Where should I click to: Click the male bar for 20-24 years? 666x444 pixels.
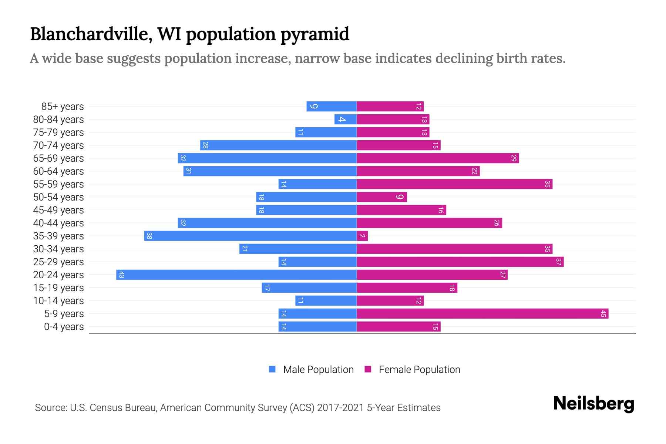(x=237, y=275)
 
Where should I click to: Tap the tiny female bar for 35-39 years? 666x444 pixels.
(x=362, y=236)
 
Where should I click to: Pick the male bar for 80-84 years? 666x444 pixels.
(x=346, y=120)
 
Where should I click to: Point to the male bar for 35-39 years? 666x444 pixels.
(x=250, y=236)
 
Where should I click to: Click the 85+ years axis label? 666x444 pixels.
(x=63, y=107)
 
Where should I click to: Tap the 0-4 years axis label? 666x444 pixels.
(x=64, y=327)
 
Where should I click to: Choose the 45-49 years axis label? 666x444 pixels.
(x=58, y=210)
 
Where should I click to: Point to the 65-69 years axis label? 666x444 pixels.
(x=58, y=158)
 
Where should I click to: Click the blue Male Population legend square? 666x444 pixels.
(x=272, y=369)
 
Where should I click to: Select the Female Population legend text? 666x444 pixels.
(x=419, y=370)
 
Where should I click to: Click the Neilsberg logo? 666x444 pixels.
(x=593, y=404)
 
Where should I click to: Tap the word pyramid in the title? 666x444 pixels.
(x=314, y=34)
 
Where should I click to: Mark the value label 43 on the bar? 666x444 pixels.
(x=121, y=275)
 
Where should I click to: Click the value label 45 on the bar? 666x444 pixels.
(x=603, y=314)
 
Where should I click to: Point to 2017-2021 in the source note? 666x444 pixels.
(x=340, y=408)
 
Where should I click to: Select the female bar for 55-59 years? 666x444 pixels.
(x=454, y=184)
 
